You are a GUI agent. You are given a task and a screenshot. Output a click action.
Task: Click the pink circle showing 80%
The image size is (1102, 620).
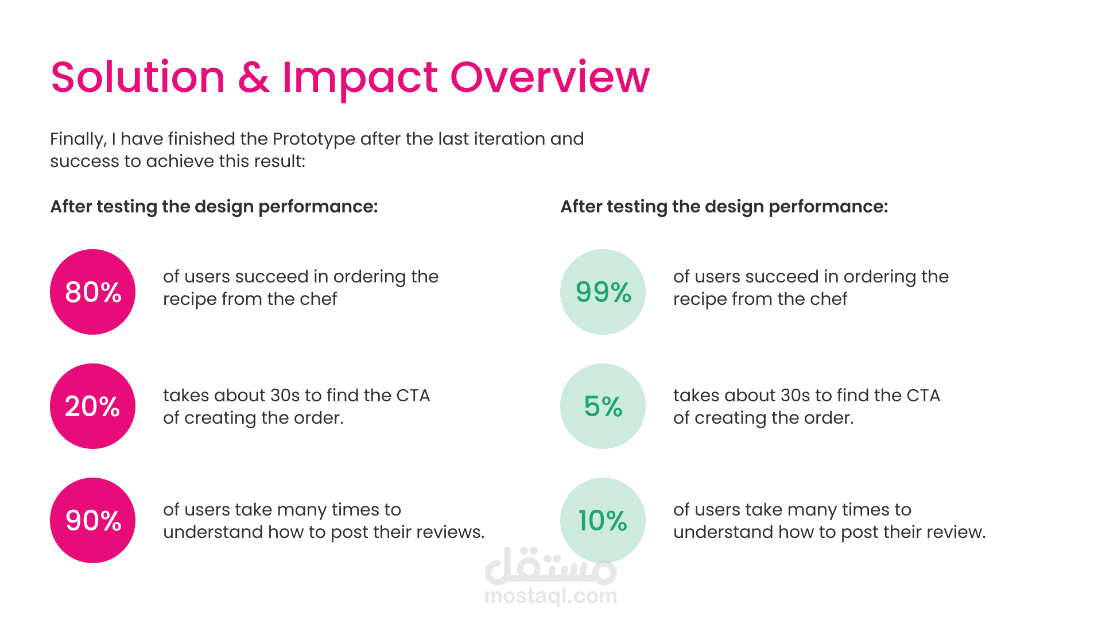click(x=92, y=292)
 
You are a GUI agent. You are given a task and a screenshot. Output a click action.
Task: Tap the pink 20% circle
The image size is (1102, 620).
click(x=92, y=406)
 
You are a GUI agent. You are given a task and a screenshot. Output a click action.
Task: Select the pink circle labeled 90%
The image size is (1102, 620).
click(x=92, y=520)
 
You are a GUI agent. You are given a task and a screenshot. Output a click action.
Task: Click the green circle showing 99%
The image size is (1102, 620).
click(x=603, y=292)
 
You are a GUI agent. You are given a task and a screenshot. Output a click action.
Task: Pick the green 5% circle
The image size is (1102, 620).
click(x=603, y=406)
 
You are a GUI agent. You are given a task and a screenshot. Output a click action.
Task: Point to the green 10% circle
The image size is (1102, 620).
click(x=603, y=520)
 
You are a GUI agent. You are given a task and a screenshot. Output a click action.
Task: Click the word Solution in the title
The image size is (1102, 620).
click(x=138, y=77)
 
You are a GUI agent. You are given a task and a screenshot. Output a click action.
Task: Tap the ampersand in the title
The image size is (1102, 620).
click(x=253, y=77)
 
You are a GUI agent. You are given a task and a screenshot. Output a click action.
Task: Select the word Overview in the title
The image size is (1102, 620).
click(x=550, y=77)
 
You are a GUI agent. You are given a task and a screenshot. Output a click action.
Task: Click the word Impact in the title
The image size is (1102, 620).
click(x=360, y=79)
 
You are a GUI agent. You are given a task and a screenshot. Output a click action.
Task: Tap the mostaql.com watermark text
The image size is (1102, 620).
click(x=551, y=596)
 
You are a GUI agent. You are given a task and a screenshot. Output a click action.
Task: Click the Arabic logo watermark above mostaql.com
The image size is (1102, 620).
click(x=551, y=565)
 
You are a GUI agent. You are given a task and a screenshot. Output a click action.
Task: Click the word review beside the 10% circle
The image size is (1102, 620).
click(x=957, y=532)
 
